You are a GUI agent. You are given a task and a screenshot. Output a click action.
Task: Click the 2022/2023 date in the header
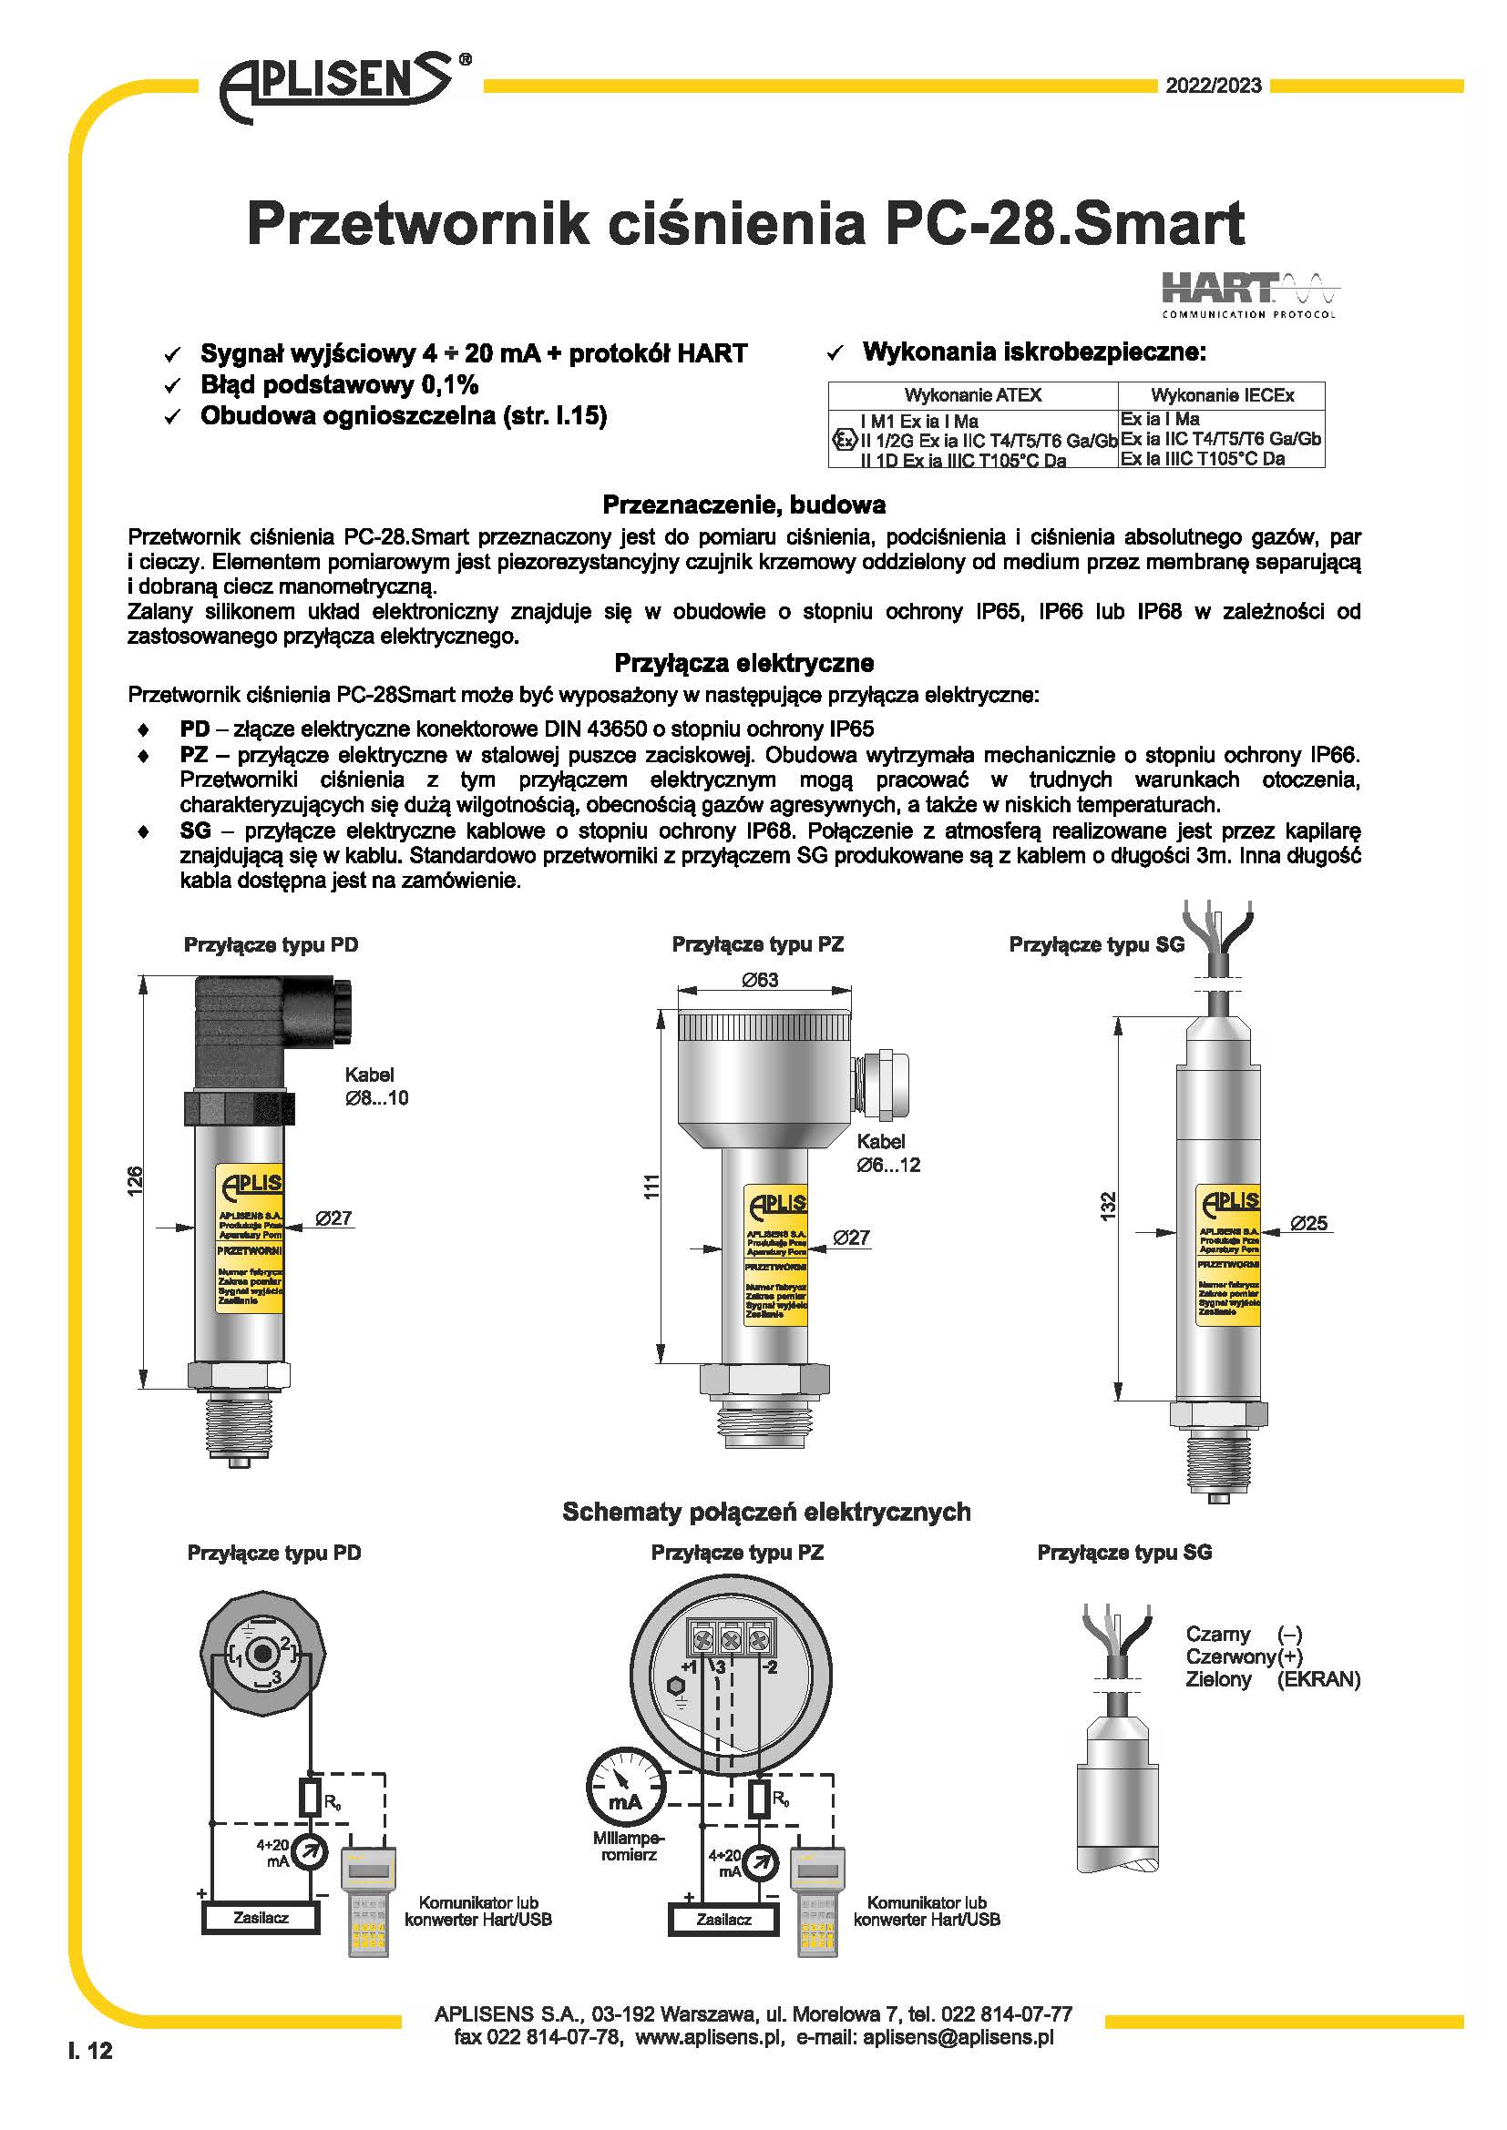coord(1213,86)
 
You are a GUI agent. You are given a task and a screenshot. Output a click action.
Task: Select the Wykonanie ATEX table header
coord(972,395)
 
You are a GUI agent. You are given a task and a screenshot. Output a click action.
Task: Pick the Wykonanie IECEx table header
coord(1221,395)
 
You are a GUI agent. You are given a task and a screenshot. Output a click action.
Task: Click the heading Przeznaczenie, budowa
coord(743,504)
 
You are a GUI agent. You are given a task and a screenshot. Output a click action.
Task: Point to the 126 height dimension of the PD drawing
coord(136,1181)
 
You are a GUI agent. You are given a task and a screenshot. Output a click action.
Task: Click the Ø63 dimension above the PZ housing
coord(760,980)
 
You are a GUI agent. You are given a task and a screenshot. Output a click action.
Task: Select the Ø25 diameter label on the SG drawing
coord(1308,1224)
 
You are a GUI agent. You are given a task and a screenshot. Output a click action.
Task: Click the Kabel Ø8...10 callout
coord(374,1086)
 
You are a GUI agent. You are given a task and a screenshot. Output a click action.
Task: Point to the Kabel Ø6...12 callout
coord(887,1153)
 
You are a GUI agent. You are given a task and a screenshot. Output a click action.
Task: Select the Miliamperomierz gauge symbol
coord(625,1789)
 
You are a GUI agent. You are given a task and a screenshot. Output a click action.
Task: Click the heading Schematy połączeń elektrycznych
coord(766,1513)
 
